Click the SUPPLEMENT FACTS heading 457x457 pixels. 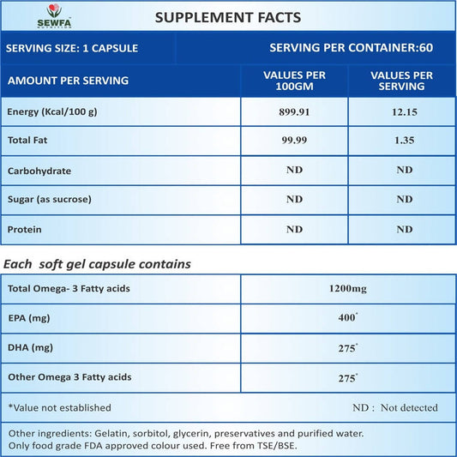point(228,16)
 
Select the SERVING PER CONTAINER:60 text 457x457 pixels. point(351,47)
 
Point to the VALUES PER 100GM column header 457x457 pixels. point(294,81)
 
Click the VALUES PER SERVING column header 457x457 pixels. point(400,81)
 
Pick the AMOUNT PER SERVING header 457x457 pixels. point(68,81)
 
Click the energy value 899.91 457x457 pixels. point(294,112)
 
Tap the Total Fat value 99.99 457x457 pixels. point(294,141)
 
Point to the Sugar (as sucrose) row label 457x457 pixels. point(49,200)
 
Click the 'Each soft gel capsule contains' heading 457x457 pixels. point(98,264)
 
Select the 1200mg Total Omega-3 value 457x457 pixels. point(347,290)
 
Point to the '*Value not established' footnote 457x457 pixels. point(59,407)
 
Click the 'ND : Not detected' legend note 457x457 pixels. point(395,407)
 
